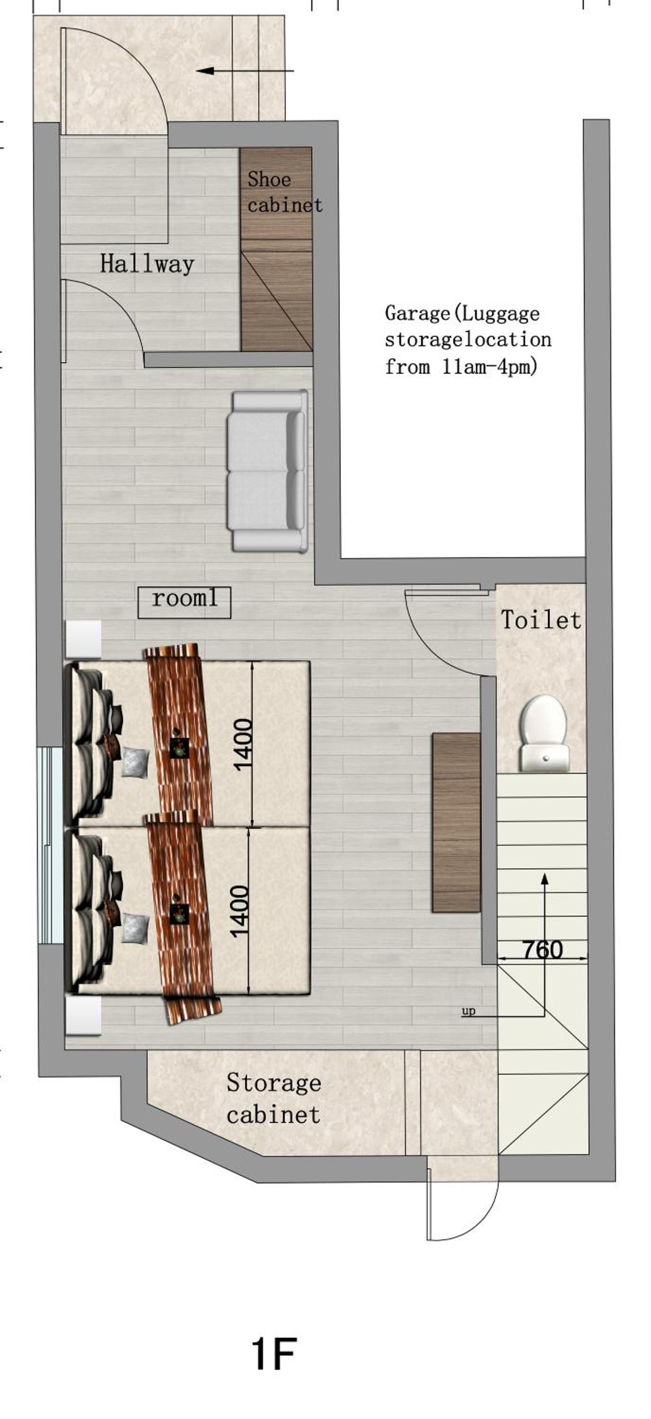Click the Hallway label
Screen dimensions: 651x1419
pyautogui.click(x=147, y=264)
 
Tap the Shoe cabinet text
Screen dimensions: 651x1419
pyautogui.click(x=285, y=192)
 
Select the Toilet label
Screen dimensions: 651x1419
pyautogui.click(x=541, y=620)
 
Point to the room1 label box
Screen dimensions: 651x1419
pyautogui.click(x=184, y=602)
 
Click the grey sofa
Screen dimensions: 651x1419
pyautogui.click(x=268, y=471)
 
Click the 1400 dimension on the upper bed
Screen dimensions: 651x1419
pyautogui.click(x=243, y=744)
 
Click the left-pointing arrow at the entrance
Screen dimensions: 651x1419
pyautogui.click(x=245, y=70)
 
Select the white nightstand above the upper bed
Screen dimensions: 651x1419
pyautogui.click(x=84, y=639)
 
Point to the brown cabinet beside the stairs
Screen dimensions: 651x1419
pyautogui.click(x=456, y=823)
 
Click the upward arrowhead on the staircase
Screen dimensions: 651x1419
pyautogui.click(x=545, y=879)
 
